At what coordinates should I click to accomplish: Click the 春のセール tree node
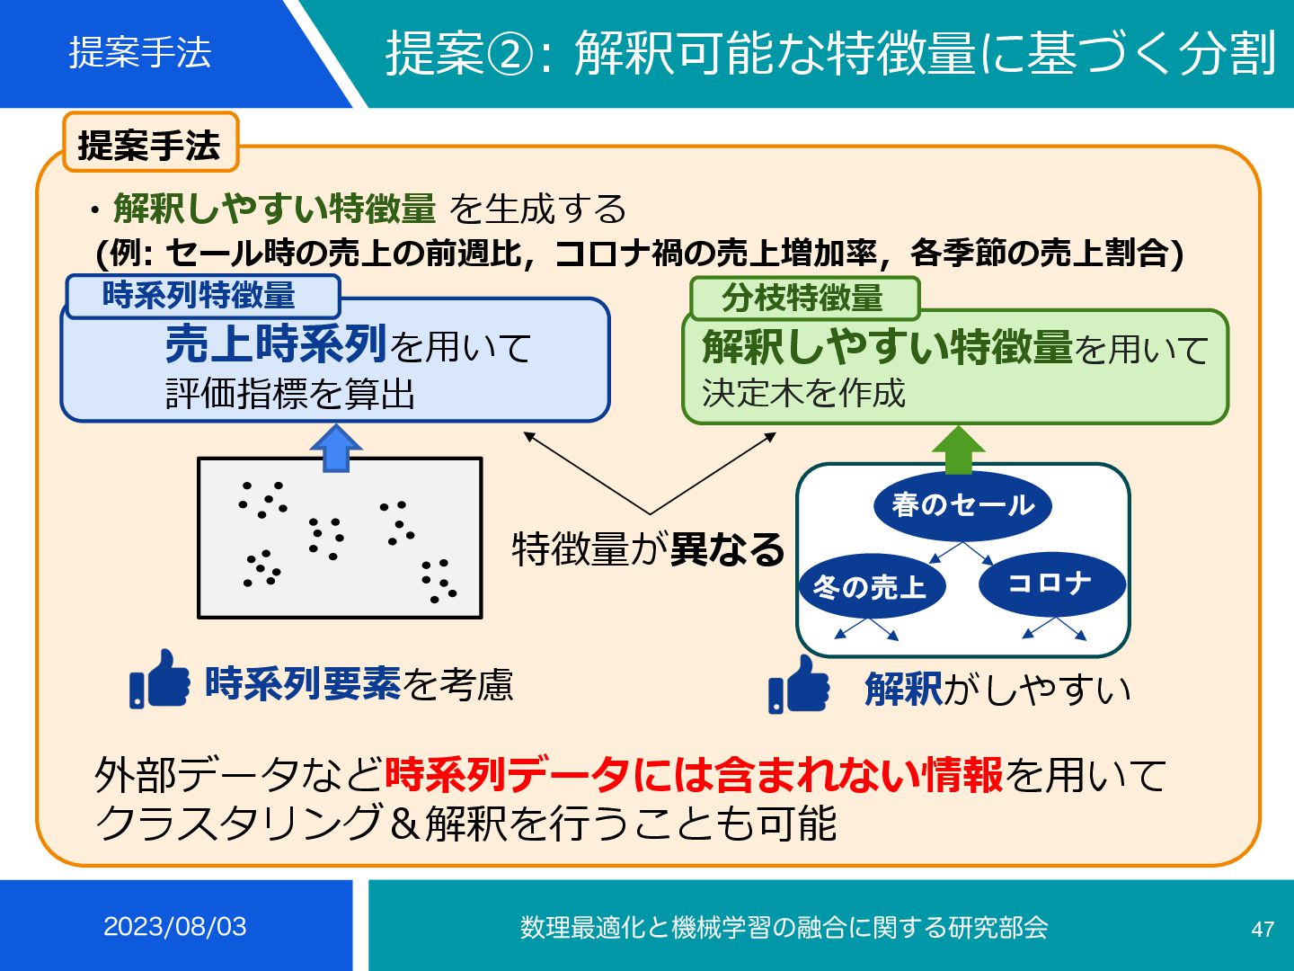tap(962, 504)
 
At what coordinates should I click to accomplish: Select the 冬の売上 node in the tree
tap(871, 586)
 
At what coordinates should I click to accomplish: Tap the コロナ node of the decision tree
tap(1051, 583)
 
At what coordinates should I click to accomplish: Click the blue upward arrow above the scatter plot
tap(335, 449)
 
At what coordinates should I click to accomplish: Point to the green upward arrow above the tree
tap(959, 450)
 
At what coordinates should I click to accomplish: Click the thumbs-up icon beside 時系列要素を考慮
tap(160, 680)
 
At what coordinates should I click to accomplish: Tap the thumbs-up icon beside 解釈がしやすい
tap(799, 685)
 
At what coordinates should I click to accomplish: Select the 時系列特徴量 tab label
tap(200, 295)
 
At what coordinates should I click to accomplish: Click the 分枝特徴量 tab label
tap(803, 298)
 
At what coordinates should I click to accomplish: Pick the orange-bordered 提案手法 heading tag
tap(149, 144)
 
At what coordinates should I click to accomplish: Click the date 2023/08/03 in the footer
tap(175, 926)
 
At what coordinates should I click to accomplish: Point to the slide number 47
tap(1263, 929)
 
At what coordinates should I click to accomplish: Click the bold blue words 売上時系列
tap(276, 343)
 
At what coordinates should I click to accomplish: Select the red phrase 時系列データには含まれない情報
tap(693, 774)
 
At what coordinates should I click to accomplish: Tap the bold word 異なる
tap(728, 548)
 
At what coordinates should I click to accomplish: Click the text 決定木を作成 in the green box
tap(803, 393)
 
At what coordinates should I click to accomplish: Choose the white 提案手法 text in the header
tap(140, 52)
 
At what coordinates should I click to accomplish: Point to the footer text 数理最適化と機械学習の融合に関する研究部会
tap(784, 927)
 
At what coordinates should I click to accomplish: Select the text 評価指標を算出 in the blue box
tap(290, 393)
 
